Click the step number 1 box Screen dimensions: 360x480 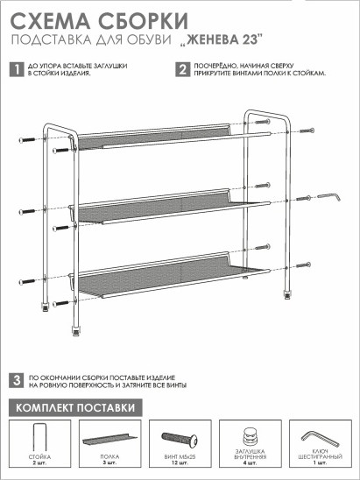(17, 70)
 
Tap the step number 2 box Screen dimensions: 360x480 (183, 70)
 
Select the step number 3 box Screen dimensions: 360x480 (17, 381)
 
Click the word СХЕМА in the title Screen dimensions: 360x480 (51, 21)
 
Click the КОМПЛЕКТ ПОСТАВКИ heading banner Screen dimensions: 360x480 (75, 408)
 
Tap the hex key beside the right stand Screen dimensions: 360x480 (329, 196)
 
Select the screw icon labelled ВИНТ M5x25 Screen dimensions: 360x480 (180, 440)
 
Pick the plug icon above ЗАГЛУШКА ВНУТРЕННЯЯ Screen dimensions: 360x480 (251, 437)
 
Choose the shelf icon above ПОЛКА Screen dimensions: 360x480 (109, 439)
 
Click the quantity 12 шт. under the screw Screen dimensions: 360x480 (180, 462)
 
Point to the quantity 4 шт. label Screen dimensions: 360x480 (251, 462)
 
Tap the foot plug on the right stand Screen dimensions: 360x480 (286, 295)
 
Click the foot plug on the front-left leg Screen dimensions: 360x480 (75, 331)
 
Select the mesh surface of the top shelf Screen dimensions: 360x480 (153, 138)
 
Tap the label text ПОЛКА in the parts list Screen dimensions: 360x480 (109, 456)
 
